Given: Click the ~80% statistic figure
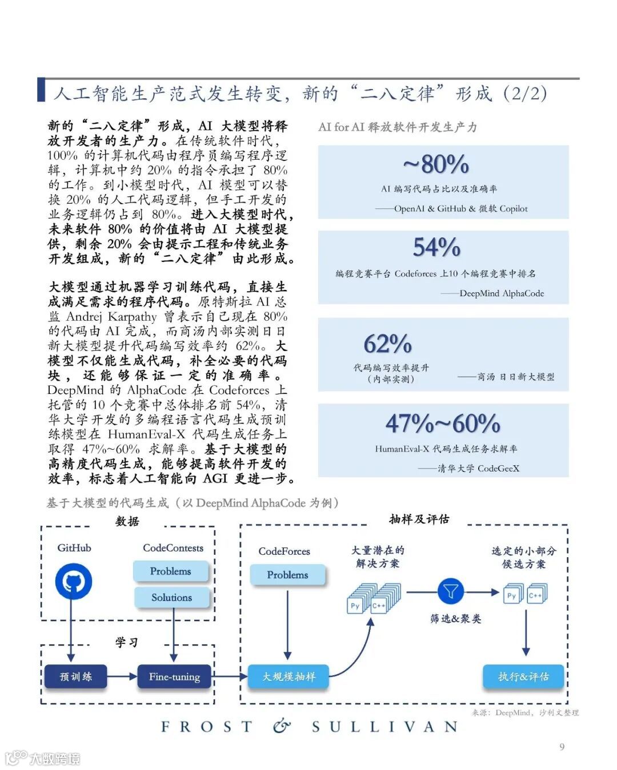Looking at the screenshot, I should point(436,165).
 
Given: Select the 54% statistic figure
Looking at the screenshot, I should point(437,248).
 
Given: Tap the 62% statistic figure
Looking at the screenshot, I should point(388,344).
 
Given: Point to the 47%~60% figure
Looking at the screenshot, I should point(443,424).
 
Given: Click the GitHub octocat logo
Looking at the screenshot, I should point(73,582).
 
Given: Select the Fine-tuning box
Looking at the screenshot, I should point(174,677).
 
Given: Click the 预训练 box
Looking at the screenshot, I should point(75,677).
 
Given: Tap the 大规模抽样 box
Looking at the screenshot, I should point(289,677).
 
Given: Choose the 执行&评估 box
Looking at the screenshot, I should point(523,677).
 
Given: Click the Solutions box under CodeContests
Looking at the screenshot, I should point(171,598).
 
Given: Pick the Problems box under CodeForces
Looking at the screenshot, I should point(287,575).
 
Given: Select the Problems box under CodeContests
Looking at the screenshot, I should point(171,571).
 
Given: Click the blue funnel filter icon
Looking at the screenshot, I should point(451,591).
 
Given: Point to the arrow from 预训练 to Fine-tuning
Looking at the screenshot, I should point(122,677).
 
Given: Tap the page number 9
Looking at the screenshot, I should point(562,747).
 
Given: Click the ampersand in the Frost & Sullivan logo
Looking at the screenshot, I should point(282,726).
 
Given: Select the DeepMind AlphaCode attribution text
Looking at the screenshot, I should point(502,293).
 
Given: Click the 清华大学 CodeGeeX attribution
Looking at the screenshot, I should point(478,469).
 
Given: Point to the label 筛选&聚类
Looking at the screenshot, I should point(456,619).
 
